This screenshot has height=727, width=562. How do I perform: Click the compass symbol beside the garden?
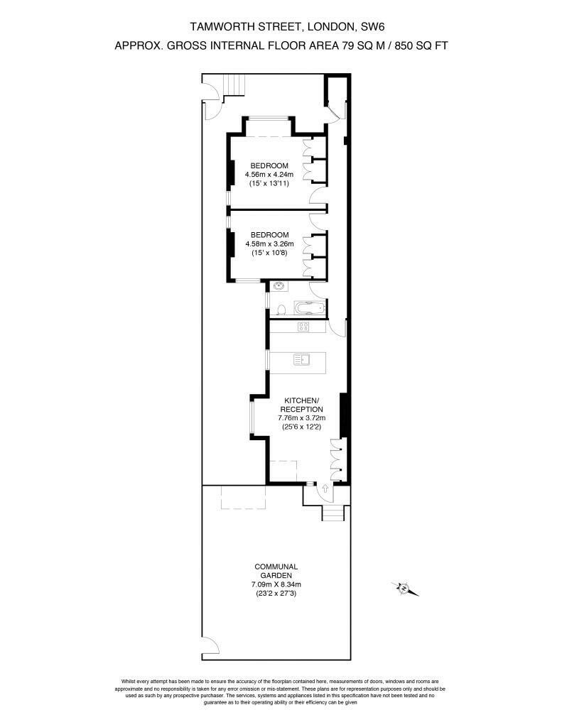click(x=404, y=588)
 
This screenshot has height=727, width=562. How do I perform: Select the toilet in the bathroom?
click(x=281, y=309)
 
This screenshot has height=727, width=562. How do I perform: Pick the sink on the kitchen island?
click(x=302, y=360)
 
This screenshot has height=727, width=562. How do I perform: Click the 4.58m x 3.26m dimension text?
click(x=270, y=244)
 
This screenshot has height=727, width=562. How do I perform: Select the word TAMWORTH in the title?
click(x=218, y=27)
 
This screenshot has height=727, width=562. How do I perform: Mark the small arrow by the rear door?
click(x=325, y=488)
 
